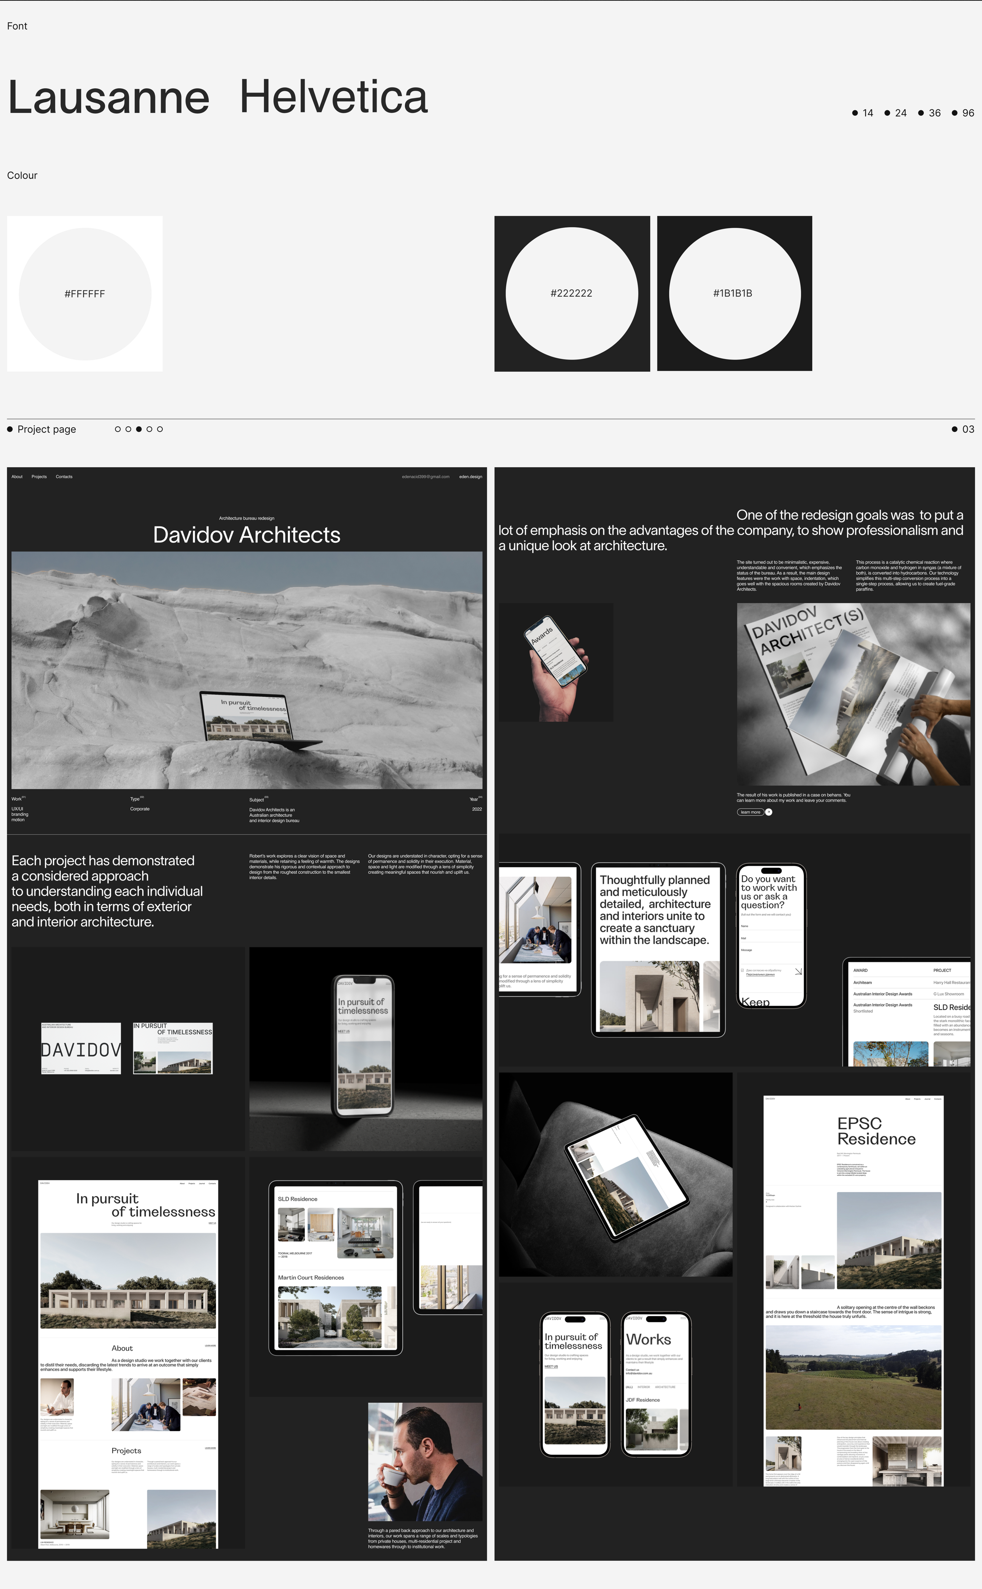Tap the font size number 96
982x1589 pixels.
pos(968,113)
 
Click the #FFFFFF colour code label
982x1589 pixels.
pos(84,294)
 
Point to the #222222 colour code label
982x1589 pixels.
pos(571,294)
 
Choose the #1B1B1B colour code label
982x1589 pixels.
pos(733,294)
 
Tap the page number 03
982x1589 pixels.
pos(968,429)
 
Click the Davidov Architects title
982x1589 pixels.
pos(247,535)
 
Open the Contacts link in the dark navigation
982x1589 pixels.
pos(64,476)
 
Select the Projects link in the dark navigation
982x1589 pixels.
pos(39,476)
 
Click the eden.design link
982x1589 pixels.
pos(470,476)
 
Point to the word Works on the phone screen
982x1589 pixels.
pos(648,1340)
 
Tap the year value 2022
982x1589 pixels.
pos(477,809)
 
